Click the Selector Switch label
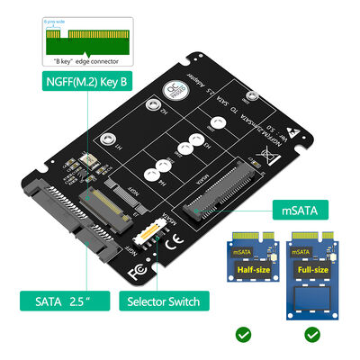(x=164, y=301)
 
